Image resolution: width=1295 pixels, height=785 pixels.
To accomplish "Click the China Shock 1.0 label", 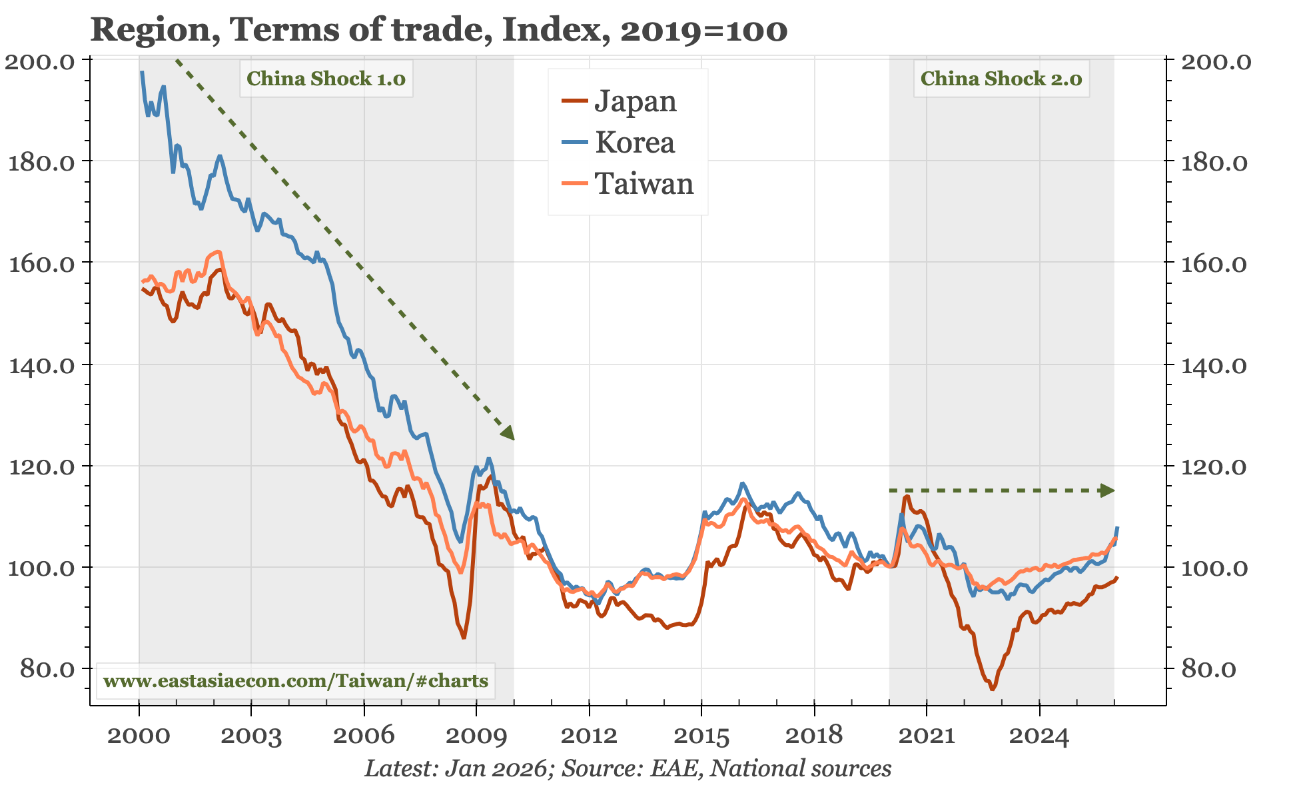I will click(x=326, y=79).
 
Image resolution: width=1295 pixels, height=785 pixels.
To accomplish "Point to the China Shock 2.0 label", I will click(x=1001, y=79).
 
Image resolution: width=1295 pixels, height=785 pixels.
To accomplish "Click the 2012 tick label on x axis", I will click(x=589, y=736).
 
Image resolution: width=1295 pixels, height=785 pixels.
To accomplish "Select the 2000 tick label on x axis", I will click(x=139, y=736).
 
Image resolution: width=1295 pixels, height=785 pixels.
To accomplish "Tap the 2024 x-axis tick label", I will click(x=1039, y=736).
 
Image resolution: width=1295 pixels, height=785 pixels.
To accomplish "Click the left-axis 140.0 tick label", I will click(x=41, y=365).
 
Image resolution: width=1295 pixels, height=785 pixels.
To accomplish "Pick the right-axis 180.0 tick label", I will click(x=1214, y=163).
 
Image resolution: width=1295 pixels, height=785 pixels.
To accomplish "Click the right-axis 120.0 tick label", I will click(x=1214, y=466).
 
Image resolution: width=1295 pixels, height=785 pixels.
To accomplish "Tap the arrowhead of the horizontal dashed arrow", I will click(x=1107, y=490).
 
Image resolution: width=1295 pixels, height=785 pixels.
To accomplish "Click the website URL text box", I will click(x=296, y=681).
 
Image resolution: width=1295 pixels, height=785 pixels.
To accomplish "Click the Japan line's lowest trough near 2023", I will click(x=992, y=688).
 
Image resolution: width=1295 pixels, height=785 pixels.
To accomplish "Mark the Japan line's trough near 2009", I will click(x=464, y=638).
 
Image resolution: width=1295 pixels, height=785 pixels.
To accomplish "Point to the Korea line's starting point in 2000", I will click(x=141, y=72).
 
